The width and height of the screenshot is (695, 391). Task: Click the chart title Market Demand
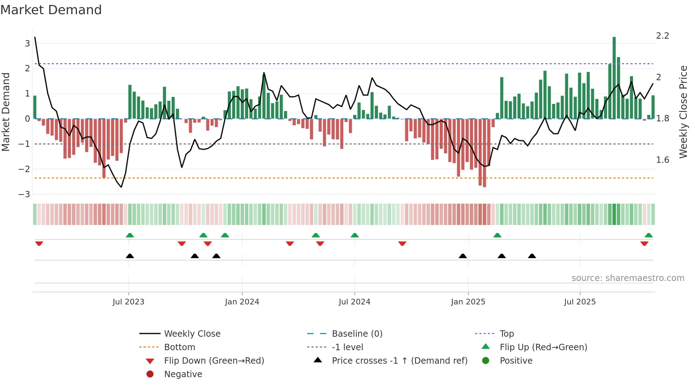(51, 10)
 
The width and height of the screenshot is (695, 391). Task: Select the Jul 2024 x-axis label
(354, 302)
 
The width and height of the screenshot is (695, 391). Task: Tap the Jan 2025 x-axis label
(468, 302)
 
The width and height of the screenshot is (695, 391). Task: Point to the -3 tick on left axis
(24, 194)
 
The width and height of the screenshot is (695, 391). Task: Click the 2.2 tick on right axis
(662, 36)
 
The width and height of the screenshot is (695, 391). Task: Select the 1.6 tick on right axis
(662, 160)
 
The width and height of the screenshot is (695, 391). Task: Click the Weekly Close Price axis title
(683, 112)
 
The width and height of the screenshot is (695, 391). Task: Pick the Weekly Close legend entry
(192, 334)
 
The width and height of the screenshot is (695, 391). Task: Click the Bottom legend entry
(179, 347)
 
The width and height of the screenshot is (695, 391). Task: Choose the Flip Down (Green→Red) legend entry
(214, 361)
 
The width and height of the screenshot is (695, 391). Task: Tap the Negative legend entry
(183, 374)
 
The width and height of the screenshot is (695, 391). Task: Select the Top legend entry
(507, 334)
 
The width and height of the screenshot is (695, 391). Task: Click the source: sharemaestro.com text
(628, 278)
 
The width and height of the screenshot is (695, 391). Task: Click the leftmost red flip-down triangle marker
(39, 243)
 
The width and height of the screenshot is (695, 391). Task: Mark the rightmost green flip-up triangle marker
(649, 235)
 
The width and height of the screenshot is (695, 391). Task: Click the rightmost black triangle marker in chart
(532, 256)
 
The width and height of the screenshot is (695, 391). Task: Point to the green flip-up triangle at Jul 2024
(355, 235)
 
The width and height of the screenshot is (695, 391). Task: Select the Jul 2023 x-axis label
(128, 302)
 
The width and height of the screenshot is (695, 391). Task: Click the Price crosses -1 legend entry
(399, 361)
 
